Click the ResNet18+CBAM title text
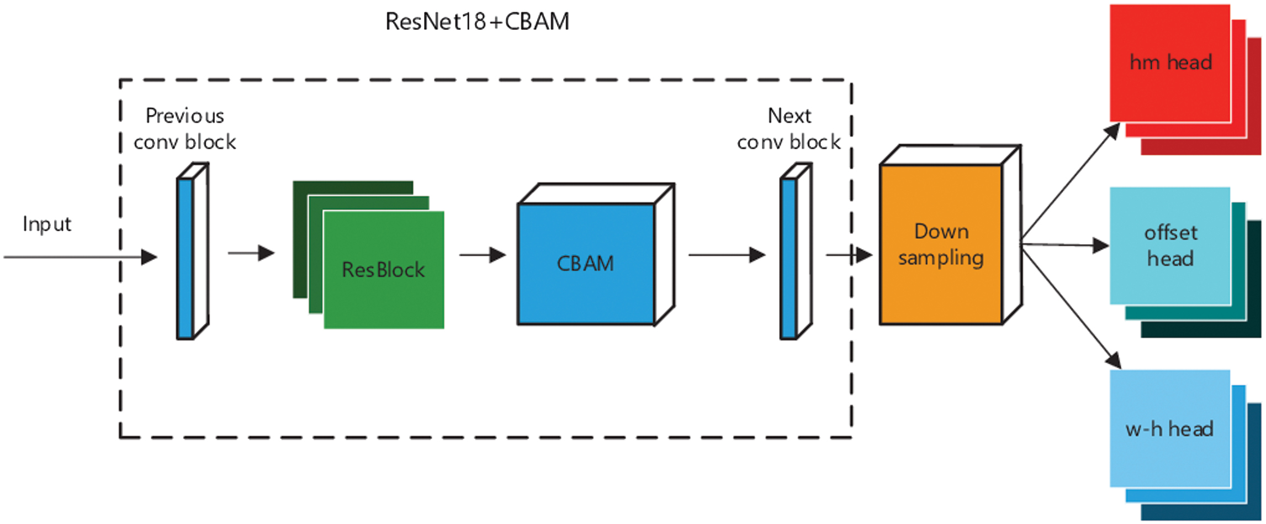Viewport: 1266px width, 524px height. tap(477, 22)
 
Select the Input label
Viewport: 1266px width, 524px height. tap(47, 224)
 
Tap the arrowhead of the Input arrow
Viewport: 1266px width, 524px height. tap(149, 257)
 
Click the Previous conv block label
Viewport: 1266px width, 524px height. tap(184, 129)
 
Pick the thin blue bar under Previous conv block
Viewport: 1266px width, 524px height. tap(185, 258)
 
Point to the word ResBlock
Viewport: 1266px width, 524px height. tap(383, 270)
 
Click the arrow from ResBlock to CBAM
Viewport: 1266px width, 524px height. tap(483, 255)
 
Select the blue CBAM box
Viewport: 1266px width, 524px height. tap(586, 264)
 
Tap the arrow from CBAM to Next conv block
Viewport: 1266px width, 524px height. tap(727, 255)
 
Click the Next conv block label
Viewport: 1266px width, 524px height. tap(789, 129)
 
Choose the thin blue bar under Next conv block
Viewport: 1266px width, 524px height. tap(788, 258)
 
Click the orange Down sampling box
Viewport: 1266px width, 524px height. tap(941, 244)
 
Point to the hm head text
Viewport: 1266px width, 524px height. tap(1170, 62)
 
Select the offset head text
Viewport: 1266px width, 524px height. tap(1170, 245)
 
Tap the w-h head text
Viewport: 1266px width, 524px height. tap(1169, 429)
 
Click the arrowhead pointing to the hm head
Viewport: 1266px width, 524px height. tap(1112, 132)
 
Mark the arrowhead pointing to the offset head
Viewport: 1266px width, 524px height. tap(1101, 246)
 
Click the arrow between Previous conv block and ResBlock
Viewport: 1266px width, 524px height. tap(251, 253)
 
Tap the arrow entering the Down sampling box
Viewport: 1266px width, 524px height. tap(849, 255)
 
